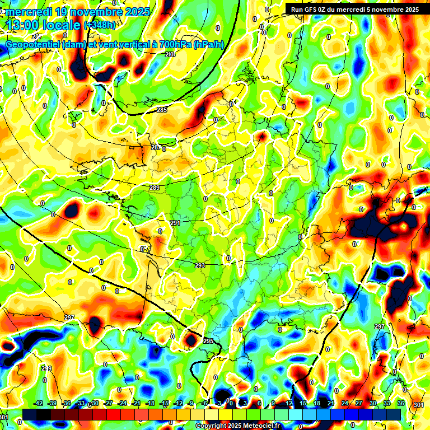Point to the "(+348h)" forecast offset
[x=100, y=25]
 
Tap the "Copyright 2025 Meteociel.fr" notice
[x=237, y=426]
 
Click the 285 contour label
[x=162, y=110]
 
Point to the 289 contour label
[x=155, y=188]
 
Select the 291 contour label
[x=175, y=223]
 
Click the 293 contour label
[x=200, y=265]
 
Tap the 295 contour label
[x=208, y=341]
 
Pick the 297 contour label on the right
[x=380, y=326]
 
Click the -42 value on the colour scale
[x=38, y=403]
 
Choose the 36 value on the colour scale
[x=401, y=403]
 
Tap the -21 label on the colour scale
[x=136, y=403]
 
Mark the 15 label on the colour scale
[x=303, y=403]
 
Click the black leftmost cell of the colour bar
[x=30, y=414]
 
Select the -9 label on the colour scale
[x=191, y=403]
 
